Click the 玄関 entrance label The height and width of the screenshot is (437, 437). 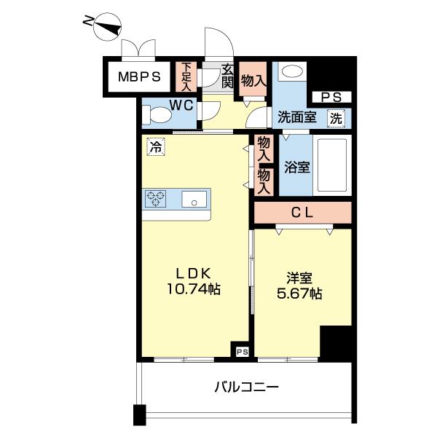click(x=227, y=76)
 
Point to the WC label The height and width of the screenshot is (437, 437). click(x=181, y=105)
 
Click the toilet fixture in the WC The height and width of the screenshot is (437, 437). click(x=154, y=115)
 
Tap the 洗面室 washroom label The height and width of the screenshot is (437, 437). click(x=296, y=117)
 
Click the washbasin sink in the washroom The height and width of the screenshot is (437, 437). click(x=292, y=73)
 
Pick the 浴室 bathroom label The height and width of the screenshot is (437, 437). click(x=297, y=166)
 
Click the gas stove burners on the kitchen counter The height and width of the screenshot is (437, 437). click(x=157, y=197)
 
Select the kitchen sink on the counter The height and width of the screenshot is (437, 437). click(x=194, y=198)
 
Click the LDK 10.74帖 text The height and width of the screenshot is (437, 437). click(x=192, y=281)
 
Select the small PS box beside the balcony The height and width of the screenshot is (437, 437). click(x=243, y=351)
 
